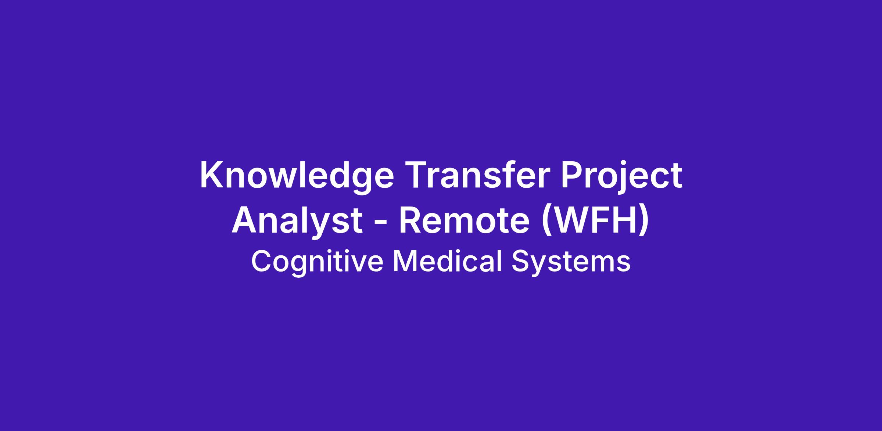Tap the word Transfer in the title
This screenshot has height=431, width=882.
477,175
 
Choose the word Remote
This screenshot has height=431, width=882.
464,221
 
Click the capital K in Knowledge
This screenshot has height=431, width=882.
212,175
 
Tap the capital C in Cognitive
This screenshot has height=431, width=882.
262,261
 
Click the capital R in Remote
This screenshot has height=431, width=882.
410,221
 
